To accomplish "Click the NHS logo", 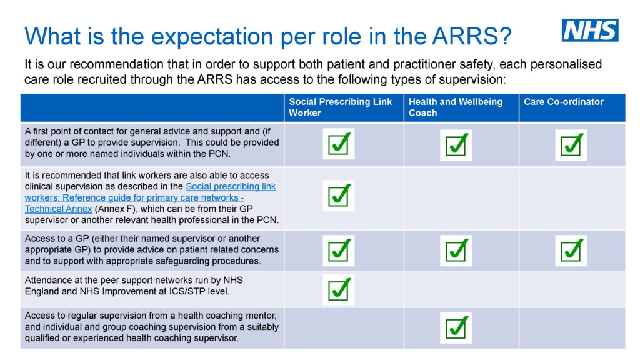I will [x=589, y=30].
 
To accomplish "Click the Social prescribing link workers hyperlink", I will [x=231, y=187].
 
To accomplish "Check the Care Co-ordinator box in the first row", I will [x=571, y=145].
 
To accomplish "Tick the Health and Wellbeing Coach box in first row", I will [x=456, y=145].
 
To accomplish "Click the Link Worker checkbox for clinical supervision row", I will [x=339, y=196].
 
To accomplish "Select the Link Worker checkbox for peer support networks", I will [x=339, y=289].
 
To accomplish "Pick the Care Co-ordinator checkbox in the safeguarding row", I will [x=571, y=251].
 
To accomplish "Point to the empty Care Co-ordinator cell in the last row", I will [x=571, y=327].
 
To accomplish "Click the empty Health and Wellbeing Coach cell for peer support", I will [x=461, y=289].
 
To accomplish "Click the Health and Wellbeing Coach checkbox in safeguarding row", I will [x=456, y=251].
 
